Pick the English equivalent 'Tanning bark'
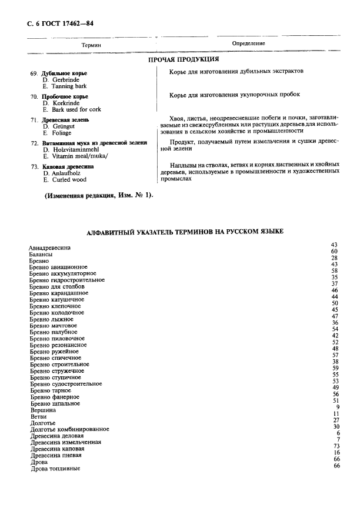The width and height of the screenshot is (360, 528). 64,86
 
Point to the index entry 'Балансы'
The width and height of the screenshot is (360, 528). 41,255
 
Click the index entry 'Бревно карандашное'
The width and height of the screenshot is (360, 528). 59,293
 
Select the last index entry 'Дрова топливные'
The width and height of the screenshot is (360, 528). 55,468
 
